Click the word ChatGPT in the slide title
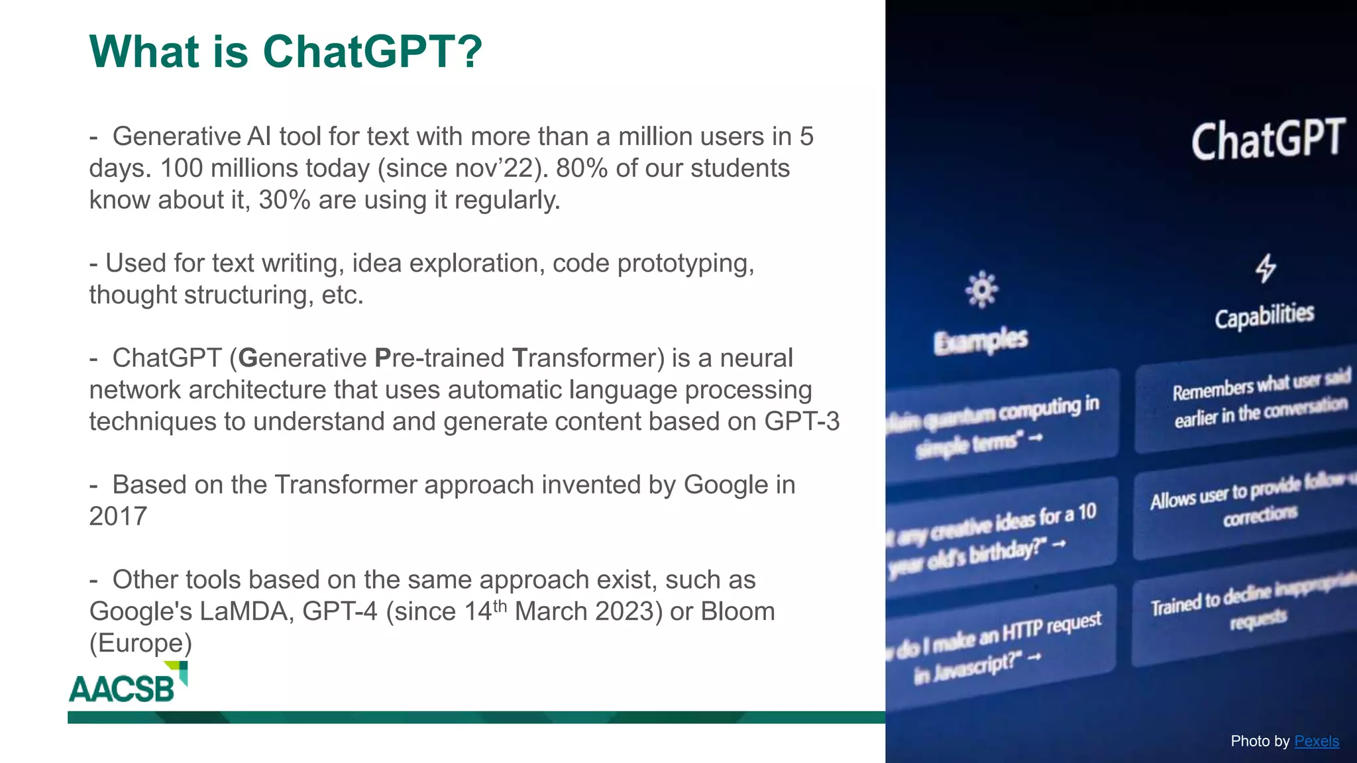[x=372, y=52]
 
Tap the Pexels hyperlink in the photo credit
[x=1316, y=741]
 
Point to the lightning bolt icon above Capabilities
[x=1265, y=268]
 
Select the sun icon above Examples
[x=981, y=289]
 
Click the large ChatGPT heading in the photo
[x=1267, y=140]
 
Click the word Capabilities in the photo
[x=1264, y=316]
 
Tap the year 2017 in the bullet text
[x=118, y=517]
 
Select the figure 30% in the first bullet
[x=284, y=200]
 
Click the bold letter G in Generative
[x=247, y=358]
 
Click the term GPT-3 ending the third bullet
[x=802, y=422]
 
